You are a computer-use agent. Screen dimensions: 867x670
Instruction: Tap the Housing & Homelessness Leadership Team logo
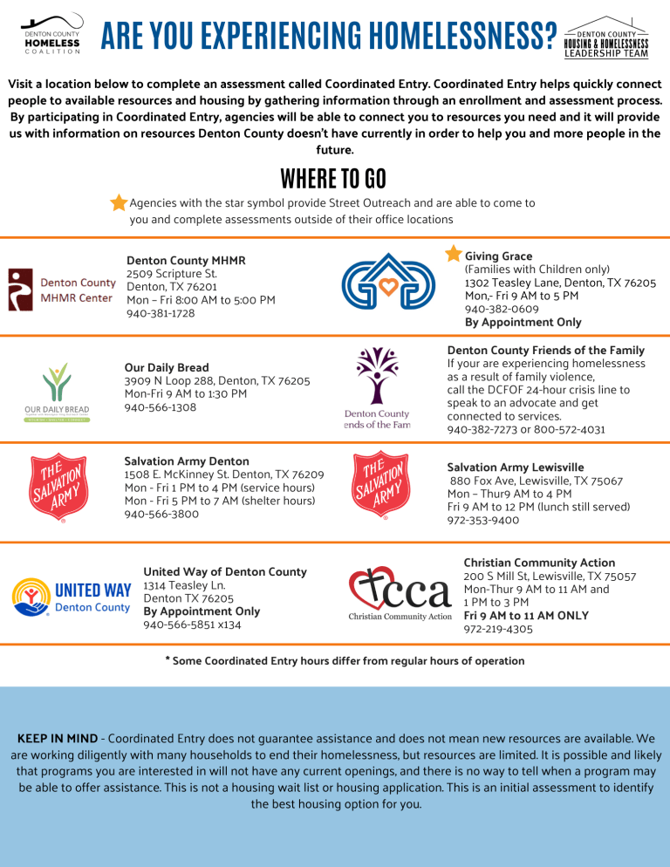(x=607, y=37)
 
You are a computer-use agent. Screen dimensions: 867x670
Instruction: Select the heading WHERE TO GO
(x=334, y=179)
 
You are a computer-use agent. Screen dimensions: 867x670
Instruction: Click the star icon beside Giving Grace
(x=454, y=253)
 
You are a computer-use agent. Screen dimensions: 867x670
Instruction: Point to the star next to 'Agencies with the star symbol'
(x=119, y=203)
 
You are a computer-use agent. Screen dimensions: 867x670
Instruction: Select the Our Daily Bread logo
(x=57, y=393)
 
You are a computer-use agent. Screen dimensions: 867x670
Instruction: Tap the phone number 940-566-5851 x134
(x=192, y=625)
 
